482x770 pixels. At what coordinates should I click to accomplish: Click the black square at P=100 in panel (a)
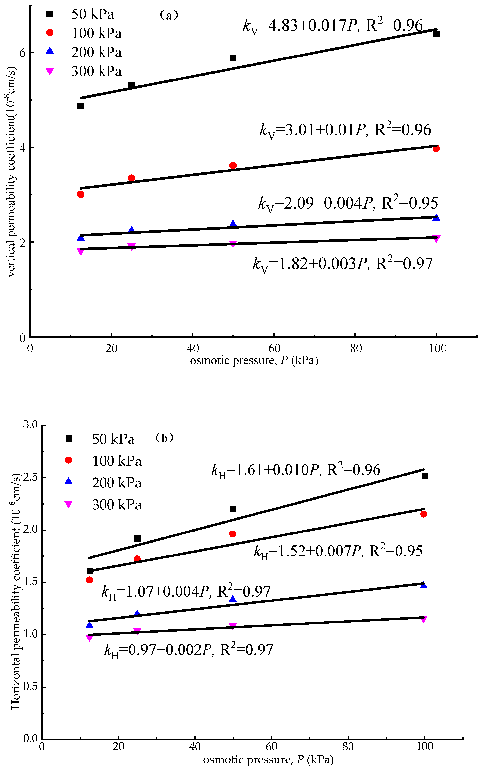click(x=436, y=34)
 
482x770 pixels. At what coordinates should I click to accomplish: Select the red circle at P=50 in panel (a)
click(x=233, y=165)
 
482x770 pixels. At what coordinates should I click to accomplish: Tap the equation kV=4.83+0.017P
click(x=332, y=26)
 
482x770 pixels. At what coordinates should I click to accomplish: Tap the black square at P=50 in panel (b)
click(x=233, y=509)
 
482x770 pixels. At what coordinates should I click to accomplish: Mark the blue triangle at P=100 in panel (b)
click(x=423, y=585)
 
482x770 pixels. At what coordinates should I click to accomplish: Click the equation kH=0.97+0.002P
click(x=189, y=650)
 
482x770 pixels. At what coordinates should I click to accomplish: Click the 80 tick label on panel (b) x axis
click(x=348, y=746)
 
